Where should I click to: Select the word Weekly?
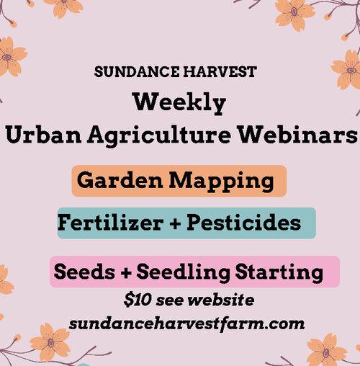coord(179,103)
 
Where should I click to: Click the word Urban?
coord(44,134)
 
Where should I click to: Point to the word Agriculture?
coord(159,135)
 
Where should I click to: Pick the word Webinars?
coord(298,134)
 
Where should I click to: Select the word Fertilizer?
coord(111,223)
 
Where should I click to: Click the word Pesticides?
coord(243,223)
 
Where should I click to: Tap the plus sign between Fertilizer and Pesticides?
coord(175,224)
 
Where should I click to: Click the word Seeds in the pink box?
coord(84,272)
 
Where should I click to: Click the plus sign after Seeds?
coord(125,273)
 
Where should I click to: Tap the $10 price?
coord(138,300)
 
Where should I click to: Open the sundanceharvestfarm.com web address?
coord(186,324)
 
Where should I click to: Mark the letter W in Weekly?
coord(147,102)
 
